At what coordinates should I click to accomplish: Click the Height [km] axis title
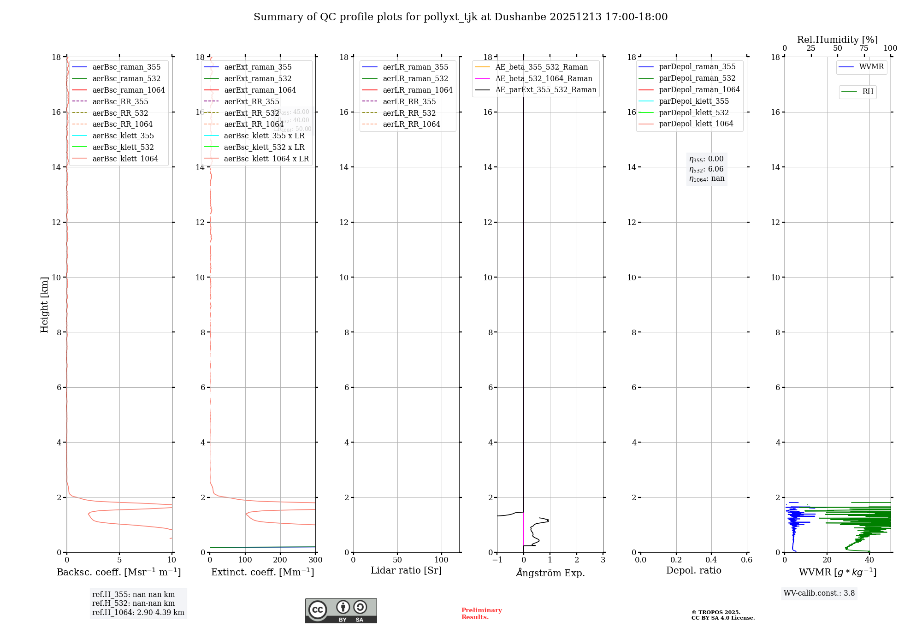44,304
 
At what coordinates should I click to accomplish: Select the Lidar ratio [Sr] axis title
406,570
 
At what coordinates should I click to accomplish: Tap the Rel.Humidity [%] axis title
837,40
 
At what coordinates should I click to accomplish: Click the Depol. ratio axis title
693,570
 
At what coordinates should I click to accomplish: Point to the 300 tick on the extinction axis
316,560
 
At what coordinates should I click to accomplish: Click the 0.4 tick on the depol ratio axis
711,560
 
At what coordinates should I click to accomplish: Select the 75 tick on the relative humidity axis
864,48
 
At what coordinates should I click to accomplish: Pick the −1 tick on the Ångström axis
497,560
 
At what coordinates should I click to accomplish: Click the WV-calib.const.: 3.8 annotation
819,593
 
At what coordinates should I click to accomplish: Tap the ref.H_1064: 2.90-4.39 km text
138,613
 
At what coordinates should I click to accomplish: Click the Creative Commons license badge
341,610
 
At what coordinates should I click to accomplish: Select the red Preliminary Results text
481,614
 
